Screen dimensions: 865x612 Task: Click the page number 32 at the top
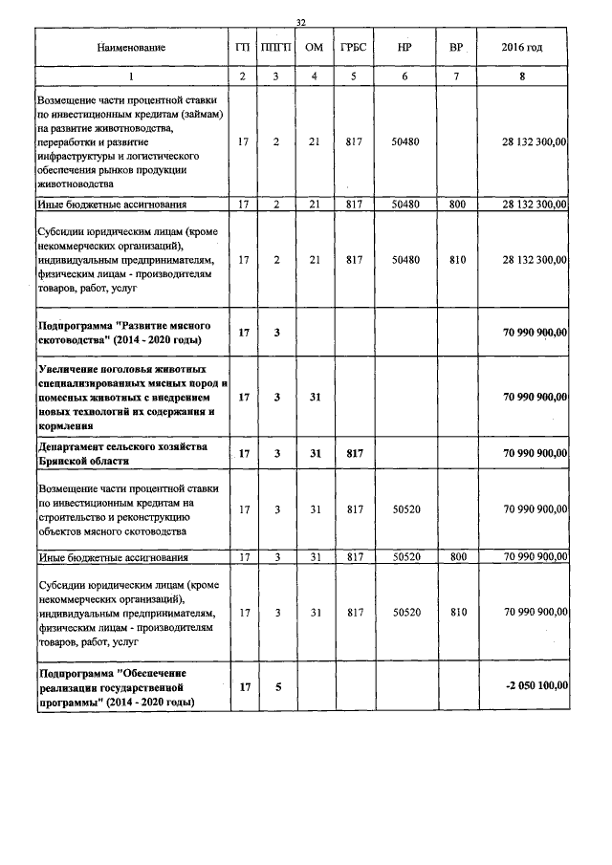point(301,21)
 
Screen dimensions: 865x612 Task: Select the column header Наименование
point(131,47)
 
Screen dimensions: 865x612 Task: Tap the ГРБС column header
point(354,47)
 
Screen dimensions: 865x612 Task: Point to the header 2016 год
point(522,47)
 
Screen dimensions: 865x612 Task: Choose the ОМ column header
point(313,47)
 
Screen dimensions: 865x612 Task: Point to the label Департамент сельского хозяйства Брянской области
point(111,454)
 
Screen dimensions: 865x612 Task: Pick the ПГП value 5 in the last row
point(276,686)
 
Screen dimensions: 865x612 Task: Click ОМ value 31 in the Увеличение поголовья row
point(314,396)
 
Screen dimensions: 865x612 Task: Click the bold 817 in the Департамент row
point(354,454)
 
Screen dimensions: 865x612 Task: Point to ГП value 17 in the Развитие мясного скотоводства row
point(244,332)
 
